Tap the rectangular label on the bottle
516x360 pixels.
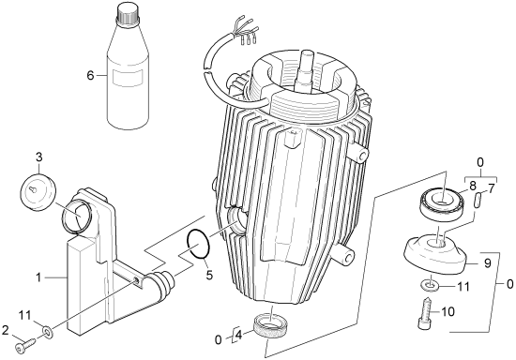pos(129,78)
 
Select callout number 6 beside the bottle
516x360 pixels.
pos(90,76)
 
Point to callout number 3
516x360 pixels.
pos(38,157)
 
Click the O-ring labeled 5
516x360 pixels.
pos(199,244)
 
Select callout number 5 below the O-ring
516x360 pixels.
pos(209,274)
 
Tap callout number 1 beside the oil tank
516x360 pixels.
pos(38,277)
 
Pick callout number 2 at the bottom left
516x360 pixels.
pos(5,330)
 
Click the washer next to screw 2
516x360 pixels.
pos(47,331)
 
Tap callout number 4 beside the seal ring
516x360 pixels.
pos(238,336)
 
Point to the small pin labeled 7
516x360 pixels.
pos(478,200)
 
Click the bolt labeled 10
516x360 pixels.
pos(427,313)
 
